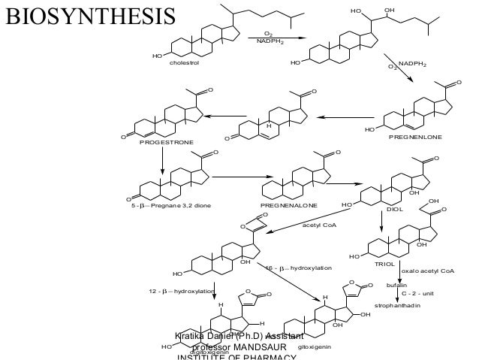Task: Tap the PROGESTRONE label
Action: (167, 142)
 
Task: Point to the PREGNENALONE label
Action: (288, 204)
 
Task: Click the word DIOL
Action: (395, 210)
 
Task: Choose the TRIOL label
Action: (384, 265)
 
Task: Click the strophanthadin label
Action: (397, 306)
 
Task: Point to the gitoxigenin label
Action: (313, 346)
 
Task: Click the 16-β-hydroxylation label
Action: (298, 268)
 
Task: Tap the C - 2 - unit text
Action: (418, 294)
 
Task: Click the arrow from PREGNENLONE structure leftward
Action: (345, 116)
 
